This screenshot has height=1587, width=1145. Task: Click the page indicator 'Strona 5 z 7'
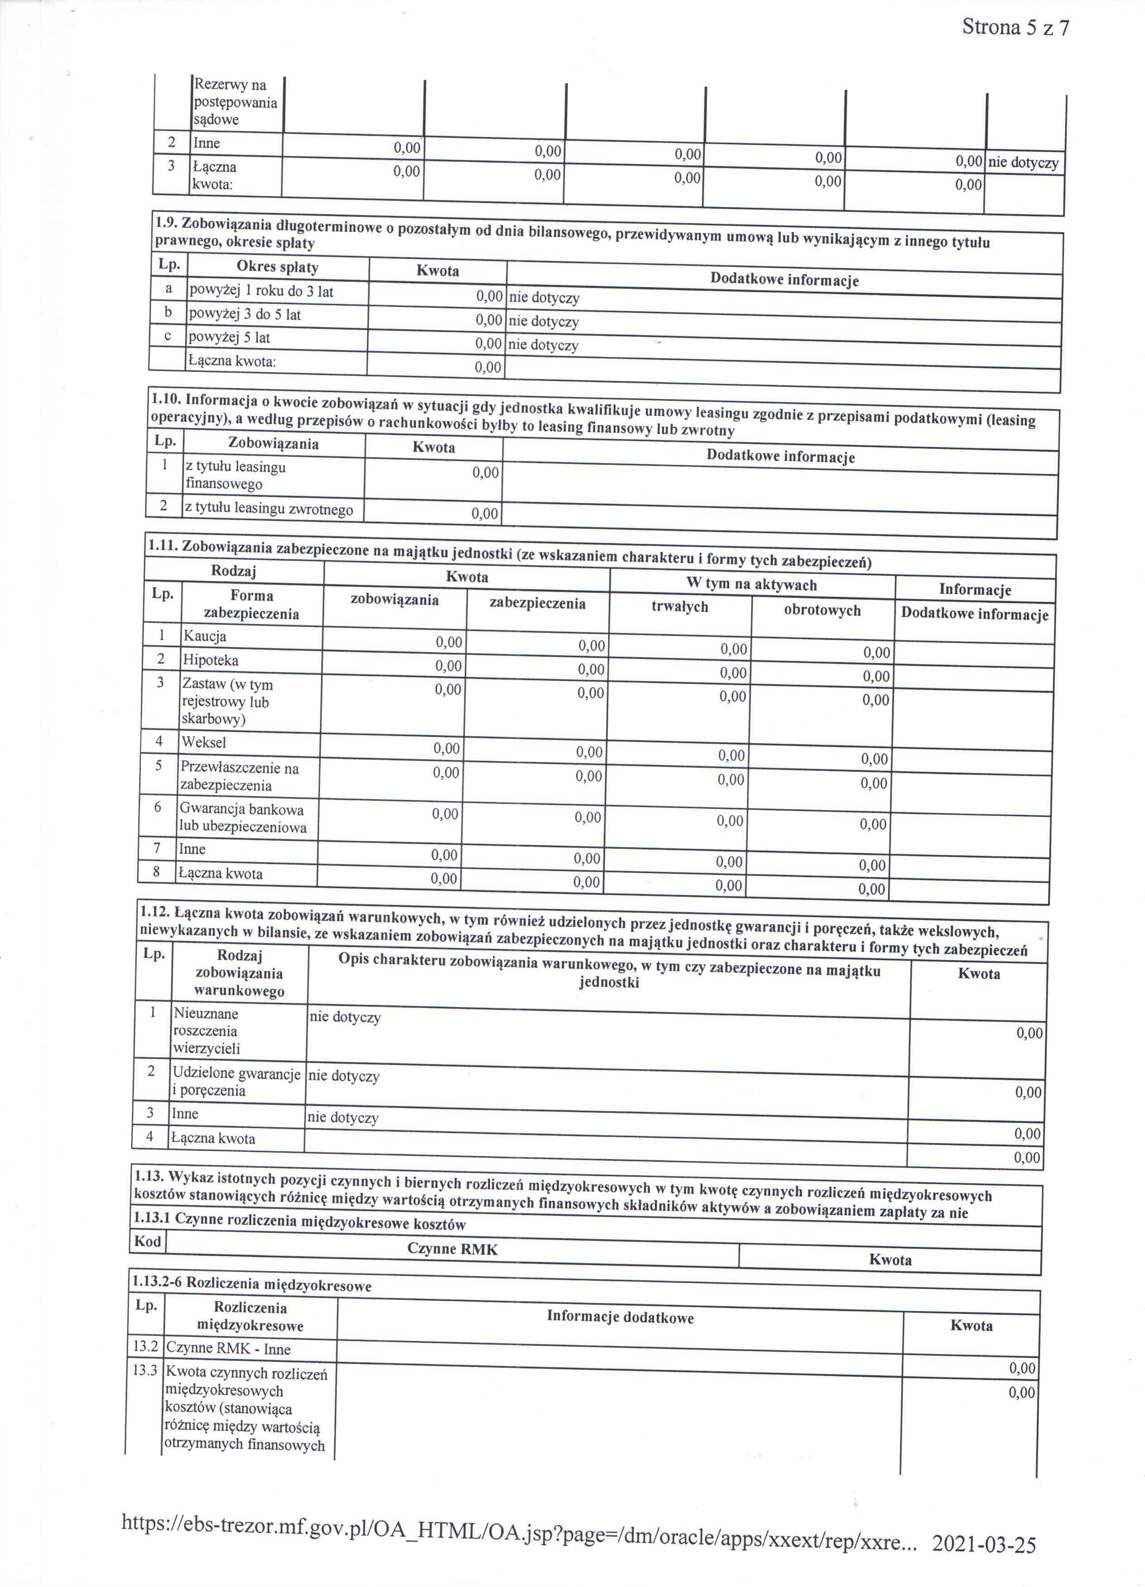[1015, 28]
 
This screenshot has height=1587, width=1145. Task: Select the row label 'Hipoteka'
[211, 660]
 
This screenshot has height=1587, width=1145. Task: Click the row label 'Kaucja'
[204, 636]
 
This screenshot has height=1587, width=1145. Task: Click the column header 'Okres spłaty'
[277, 267]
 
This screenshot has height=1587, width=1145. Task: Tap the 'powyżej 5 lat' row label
[229, 338]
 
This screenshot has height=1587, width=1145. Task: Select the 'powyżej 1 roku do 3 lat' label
[261, 291]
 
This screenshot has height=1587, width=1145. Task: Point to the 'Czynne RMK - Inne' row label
[228, 1349]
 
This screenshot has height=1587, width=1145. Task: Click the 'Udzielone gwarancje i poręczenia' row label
[236, 1082]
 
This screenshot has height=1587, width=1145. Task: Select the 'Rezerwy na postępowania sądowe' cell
[235, 102]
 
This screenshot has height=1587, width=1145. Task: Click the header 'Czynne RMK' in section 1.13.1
[452, 1249]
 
